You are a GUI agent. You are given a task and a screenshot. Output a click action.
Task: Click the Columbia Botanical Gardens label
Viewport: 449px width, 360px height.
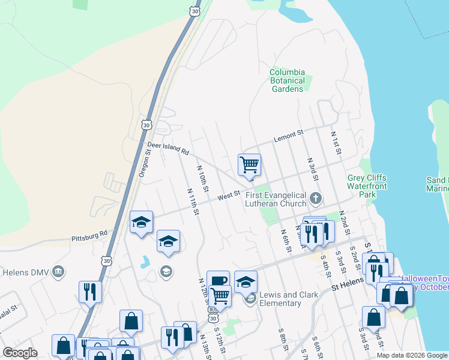288,80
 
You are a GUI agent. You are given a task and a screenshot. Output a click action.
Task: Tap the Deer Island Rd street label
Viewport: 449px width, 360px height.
168,148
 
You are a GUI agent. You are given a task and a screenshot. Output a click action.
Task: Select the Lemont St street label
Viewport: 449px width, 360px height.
289,137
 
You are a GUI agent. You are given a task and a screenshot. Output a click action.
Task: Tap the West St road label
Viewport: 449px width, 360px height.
229,196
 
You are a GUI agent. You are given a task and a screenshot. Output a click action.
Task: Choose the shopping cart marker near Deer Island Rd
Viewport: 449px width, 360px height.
249,164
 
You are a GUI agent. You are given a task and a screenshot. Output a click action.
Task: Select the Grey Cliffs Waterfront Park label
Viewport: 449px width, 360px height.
367,186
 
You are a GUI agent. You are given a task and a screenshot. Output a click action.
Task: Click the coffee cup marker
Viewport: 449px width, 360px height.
218,281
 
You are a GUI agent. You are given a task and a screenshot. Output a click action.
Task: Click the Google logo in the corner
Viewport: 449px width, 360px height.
20,353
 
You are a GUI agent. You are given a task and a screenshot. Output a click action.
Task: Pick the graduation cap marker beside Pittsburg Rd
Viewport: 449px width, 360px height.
141,222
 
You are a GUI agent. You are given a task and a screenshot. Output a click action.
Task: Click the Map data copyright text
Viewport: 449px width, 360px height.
412,355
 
